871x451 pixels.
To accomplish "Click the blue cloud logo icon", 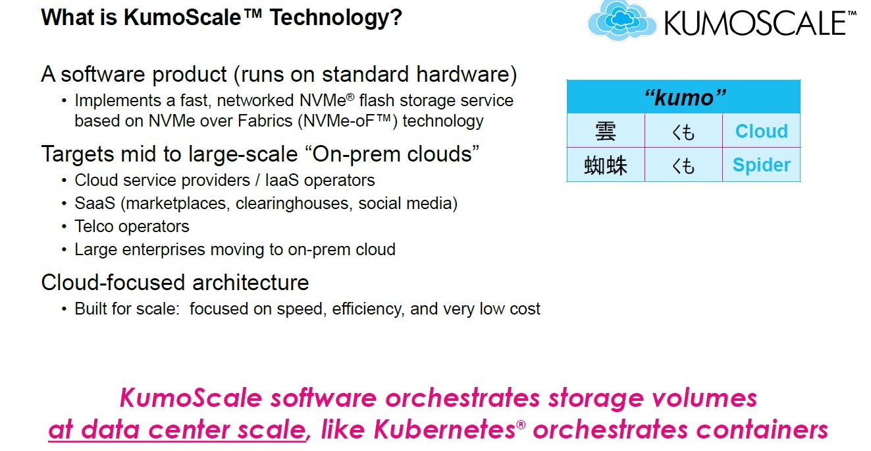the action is point(621,20).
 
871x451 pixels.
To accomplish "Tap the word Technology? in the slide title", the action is point(336,18).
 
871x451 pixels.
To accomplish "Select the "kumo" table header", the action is point(683,97).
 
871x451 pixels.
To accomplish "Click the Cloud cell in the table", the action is point(761,131).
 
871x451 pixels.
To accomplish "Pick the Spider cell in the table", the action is point(761,165).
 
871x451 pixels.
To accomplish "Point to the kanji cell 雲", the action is point(606,131).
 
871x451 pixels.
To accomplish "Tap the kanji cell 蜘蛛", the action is point(606,165).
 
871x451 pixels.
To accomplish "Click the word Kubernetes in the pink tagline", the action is point(444,429).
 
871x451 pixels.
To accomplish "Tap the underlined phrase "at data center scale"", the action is point(177,430).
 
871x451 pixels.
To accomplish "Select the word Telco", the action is point(96,226).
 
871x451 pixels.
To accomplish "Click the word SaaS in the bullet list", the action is point(95,203).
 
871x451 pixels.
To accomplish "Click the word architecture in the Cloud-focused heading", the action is point(250,282).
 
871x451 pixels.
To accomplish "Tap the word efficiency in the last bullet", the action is point(368,309).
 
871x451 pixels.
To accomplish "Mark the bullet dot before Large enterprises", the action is point(64,250).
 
